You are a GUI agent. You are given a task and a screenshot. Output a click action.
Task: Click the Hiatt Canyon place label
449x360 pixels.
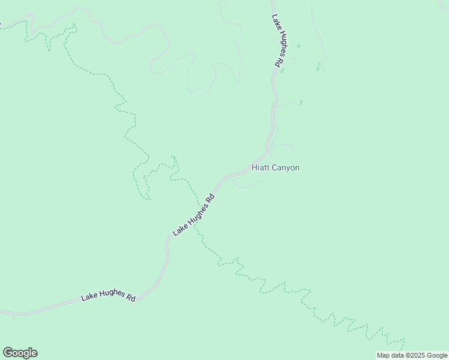coord(275,168)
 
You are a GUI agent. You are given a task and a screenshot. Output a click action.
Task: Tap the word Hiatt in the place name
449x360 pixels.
coord(260,168)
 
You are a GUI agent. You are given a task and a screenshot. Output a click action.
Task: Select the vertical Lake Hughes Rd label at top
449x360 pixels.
coord(277,40)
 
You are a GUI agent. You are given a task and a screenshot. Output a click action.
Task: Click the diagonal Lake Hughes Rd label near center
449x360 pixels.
coord(193,215)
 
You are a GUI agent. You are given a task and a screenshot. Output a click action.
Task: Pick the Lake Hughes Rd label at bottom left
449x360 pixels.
coord(108,296)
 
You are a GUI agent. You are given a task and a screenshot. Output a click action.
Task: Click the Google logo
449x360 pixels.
coord(20,353)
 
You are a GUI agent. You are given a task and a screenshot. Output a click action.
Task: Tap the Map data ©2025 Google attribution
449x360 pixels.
coord(412,355)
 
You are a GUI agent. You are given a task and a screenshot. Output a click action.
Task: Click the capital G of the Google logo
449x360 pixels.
coord(7,353)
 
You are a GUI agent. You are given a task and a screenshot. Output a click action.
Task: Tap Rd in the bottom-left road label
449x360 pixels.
coord(130,298)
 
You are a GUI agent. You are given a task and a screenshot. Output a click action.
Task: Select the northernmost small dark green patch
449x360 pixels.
coord(298,46)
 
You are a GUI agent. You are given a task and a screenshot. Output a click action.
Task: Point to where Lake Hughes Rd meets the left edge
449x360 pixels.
coord(1,312)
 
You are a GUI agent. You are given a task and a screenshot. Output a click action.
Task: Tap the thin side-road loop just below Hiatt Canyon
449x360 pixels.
coord(247,184)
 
